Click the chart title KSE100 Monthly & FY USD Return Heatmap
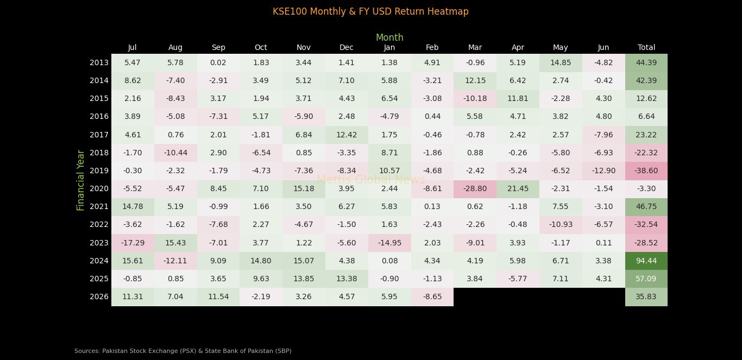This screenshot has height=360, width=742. point(370,11)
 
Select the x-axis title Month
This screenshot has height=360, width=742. point(389,37)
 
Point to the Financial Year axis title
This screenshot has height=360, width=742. point(81,180)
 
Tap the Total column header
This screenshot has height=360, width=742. point(646,47)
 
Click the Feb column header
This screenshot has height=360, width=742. point(432,47)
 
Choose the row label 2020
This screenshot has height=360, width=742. point(99,188)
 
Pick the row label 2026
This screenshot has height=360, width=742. point(99,296)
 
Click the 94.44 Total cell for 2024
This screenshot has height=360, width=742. point(646,261)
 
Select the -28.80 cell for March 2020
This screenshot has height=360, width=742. point(475,188)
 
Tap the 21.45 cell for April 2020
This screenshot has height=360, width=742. point(518,188)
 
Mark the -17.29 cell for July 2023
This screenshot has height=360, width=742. point(133,243)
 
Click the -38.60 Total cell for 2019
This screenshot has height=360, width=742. point(646,170)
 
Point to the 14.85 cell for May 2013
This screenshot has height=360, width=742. point(561,62)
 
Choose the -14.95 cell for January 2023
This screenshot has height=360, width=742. point(389,243)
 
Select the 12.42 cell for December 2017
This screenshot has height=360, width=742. point(347,135)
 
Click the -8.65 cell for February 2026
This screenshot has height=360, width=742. point(432,296)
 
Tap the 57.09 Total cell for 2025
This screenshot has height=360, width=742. point(646,279)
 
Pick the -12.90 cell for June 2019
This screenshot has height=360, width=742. point(603,170)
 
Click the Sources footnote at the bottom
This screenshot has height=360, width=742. point(183,351)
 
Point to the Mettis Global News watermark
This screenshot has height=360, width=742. point(371,180)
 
